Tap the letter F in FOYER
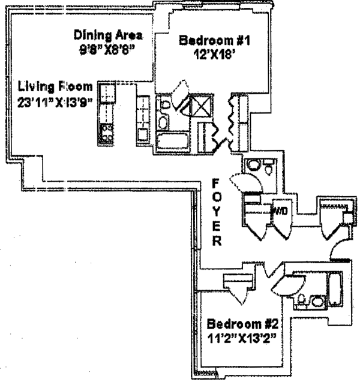point(217,181)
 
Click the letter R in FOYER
point(217,242)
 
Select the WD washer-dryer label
point(279,211)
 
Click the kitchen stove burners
point(107,132)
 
